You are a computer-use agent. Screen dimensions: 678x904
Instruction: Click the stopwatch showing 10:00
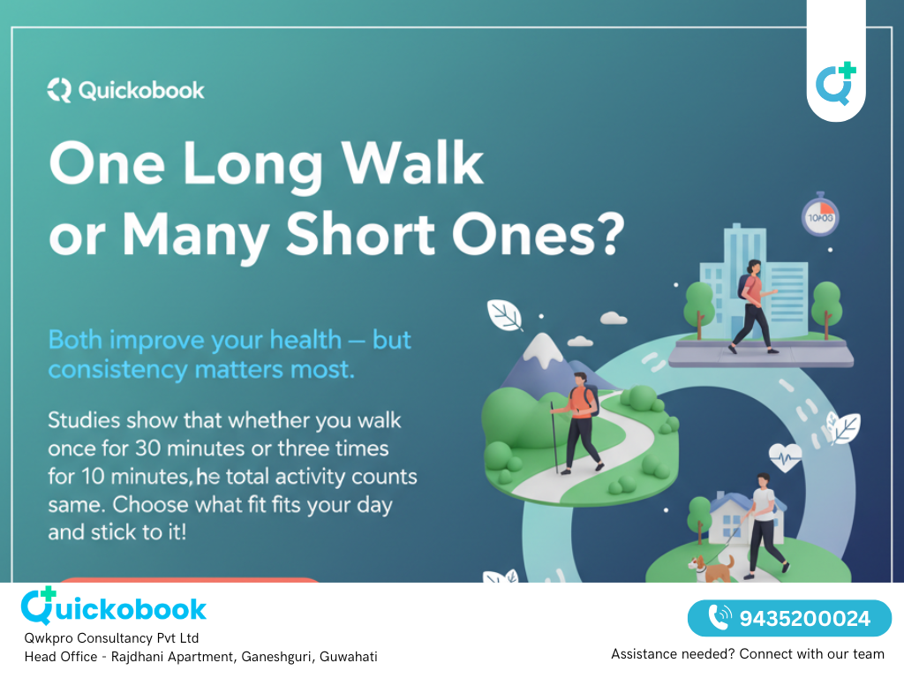point(819,215)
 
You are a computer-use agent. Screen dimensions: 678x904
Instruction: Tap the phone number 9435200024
point(804,619)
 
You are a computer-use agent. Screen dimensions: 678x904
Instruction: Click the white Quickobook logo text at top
point(126,90)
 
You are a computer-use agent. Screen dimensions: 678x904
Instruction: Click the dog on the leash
point(712,567)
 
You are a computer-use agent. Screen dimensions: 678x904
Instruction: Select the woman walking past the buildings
point(753,305)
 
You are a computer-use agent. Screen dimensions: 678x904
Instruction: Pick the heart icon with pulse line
point(784,456)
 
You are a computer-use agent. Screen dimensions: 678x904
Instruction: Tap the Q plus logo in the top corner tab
point(835,84)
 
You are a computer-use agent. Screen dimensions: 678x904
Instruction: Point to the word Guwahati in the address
point(348,657)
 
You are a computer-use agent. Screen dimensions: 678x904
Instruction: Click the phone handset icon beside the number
point(719,618)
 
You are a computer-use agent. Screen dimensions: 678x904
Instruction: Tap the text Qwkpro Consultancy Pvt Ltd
point(111,637)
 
